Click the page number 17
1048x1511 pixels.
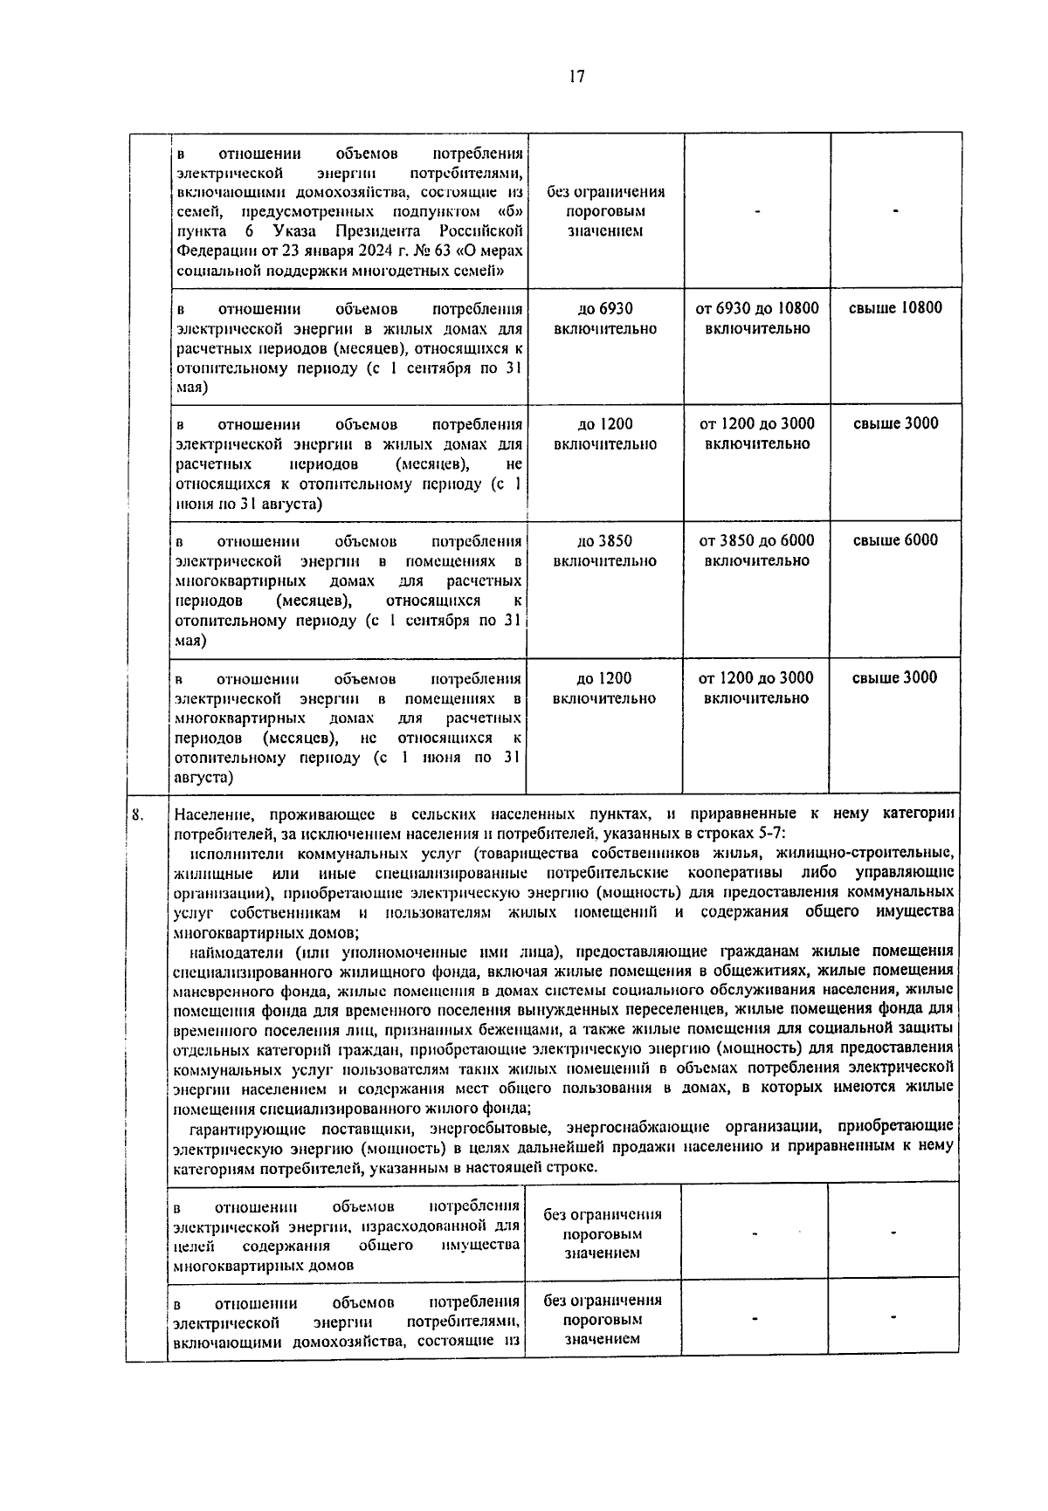[575, 77]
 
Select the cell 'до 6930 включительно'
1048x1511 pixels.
[605, 319]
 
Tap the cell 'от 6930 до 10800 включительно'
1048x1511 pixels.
[757, 319]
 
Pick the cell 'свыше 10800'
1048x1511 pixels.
[895, 308]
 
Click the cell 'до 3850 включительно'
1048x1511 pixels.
[604, 551]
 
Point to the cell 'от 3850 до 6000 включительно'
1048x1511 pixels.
[757, 551]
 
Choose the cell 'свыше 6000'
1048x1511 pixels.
[895, 540]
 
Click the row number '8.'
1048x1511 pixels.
[138, 815]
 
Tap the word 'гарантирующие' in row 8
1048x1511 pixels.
[245, 1127]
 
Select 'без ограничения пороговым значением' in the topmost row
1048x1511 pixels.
[605, 211]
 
